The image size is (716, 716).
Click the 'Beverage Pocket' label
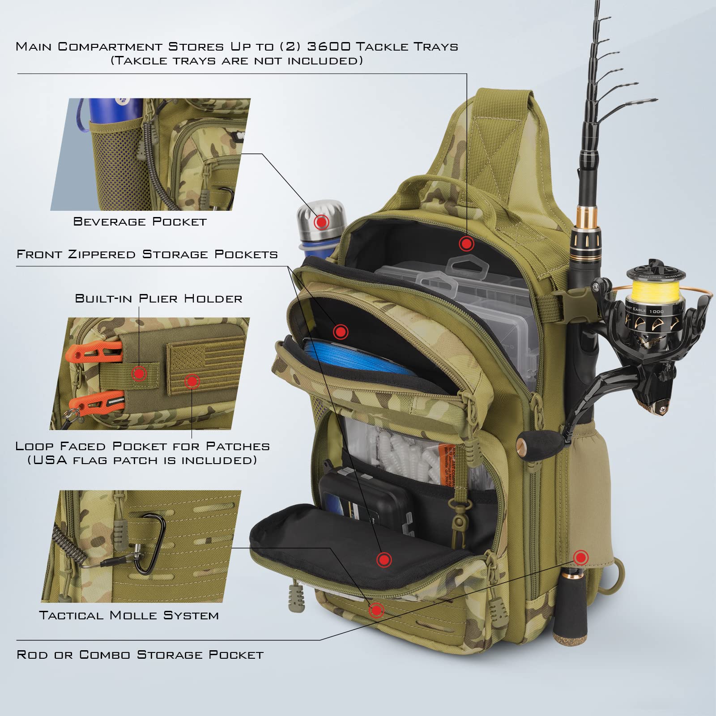click(x=140, y=222)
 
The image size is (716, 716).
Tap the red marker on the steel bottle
click(x=321, y=222)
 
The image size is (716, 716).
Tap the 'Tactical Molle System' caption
click(x=129, y=615)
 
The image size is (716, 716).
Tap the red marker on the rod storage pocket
click(x=580, y=558)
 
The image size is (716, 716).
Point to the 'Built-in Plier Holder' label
click(x=158, y=298)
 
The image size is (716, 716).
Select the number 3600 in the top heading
click(x=327, y=47)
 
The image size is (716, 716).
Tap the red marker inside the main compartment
click(x=466, y=244)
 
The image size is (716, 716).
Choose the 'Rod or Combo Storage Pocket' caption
click(x=140, y=655)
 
